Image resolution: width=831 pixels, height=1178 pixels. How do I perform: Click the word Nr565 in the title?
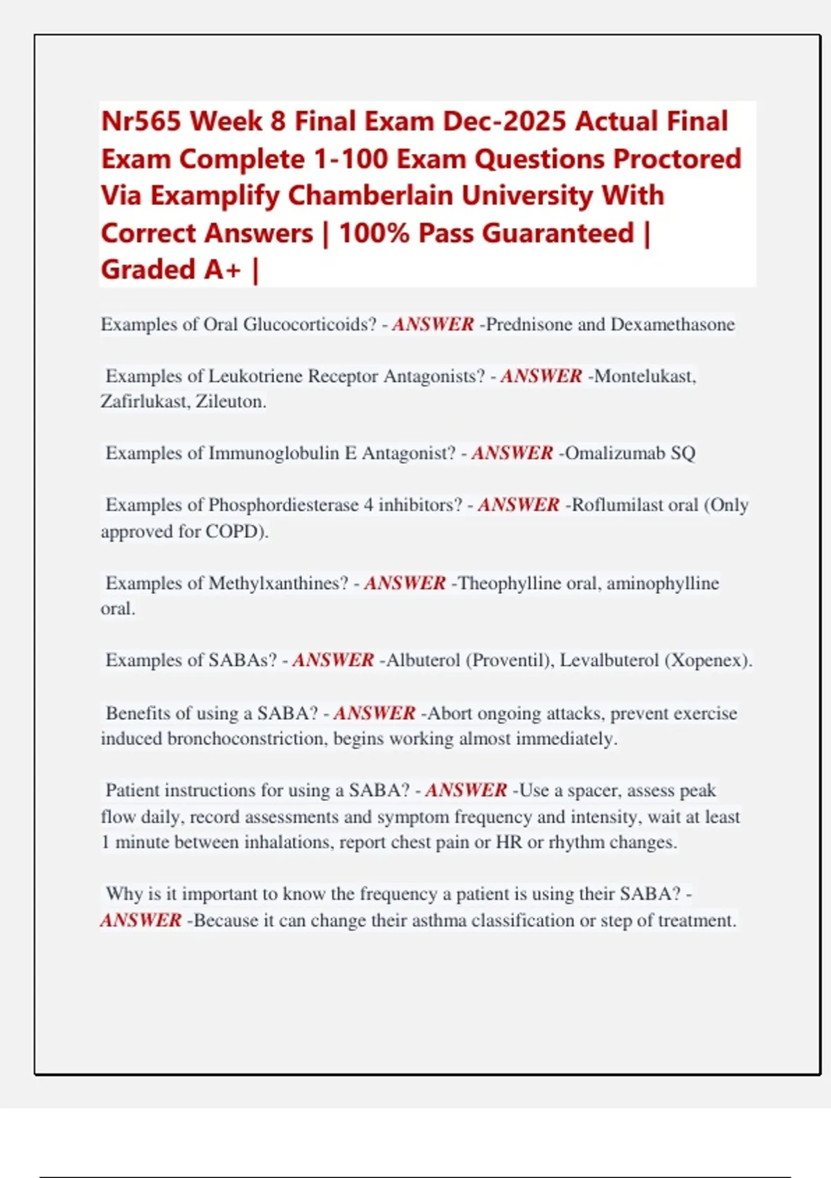click(141, 121)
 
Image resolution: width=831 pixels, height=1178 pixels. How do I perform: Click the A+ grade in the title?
click(222, 270)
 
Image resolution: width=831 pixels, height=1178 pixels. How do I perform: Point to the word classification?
click(519, 921)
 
